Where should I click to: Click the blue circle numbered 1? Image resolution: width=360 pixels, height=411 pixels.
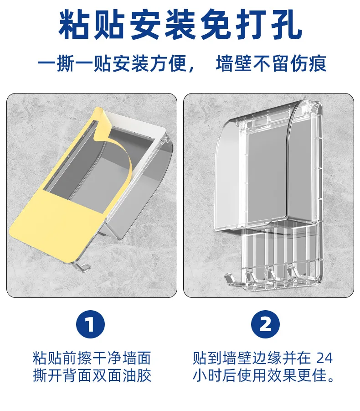point(90,324)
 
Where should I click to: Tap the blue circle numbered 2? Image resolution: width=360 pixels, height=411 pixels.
point(265,324)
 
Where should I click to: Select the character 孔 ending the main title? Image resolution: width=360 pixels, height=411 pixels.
point(286,25)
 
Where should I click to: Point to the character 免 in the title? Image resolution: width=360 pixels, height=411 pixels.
point(216,25)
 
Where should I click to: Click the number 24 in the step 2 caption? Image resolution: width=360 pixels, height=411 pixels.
point(324,358)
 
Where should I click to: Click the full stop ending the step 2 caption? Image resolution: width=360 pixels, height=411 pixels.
point(331,379)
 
